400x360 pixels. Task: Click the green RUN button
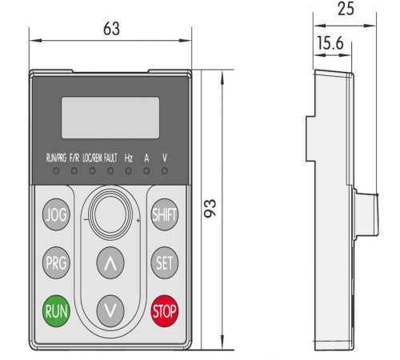tap(57, 310)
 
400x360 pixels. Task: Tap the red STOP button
tap(165, 310)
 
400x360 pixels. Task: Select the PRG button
tap(57, 262)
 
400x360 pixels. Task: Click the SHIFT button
tap(165, 215)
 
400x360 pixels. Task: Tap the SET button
tap(165, 262)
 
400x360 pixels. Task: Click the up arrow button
tap(110, 262)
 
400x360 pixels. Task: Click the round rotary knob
tap(110, 214)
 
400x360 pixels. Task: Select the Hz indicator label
tap(129, 158)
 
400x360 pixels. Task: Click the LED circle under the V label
tap(165, 170)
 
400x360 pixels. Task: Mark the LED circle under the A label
tap(146, 170)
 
